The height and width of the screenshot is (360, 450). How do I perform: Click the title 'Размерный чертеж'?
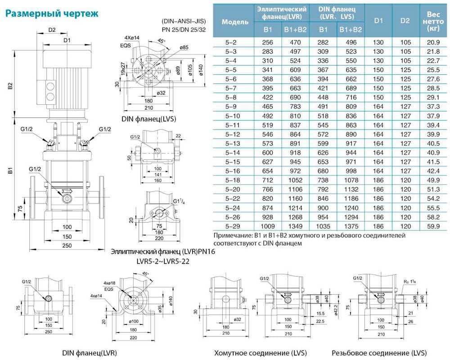[x=52, y=13]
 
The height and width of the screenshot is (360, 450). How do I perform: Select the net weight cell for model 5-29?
[x=433, y=226]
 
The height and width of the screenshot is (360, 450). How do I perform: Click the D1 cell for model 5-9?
[x=378, y=107]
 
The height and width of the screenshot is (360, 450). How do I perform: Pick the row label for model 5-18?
[x=233, y=180]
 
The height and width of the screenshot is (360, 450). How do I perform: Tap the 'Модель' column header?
[x=235, y=22]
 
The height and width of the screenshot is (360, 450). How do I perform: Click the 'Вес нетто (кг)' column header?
[x=433, y=21]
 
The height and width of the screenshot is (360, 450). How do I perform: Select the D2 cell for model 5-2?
[x=405, y=42]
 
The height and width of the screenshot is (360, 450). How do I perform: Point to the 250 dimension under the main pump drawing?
[x=67, y=245]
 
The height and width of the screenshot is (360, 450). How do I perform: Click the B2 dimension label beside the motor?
[x=11, y=86]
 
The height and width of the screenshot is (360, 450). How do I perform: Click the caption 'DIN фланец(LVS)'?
[x=148, y=119]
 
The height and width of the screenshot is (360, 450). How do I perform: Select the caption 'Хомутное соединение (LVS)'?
[x=261, y=353]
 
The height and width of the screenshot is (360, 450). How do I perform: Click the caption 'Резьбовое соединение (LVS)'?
[x=379, y=353]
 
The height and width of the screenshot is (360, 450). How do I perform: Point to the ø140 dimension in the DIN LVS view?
[x=201, y=70]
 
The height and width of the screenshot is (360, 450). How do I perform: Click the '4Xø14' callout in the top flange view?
[x=132, y=38]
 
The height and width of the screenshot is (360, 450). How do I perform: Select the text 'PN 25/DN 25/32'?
[x=184, y=29]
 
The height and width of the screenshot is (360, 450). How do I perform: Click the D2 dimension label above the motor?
[x=52, y=30]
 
